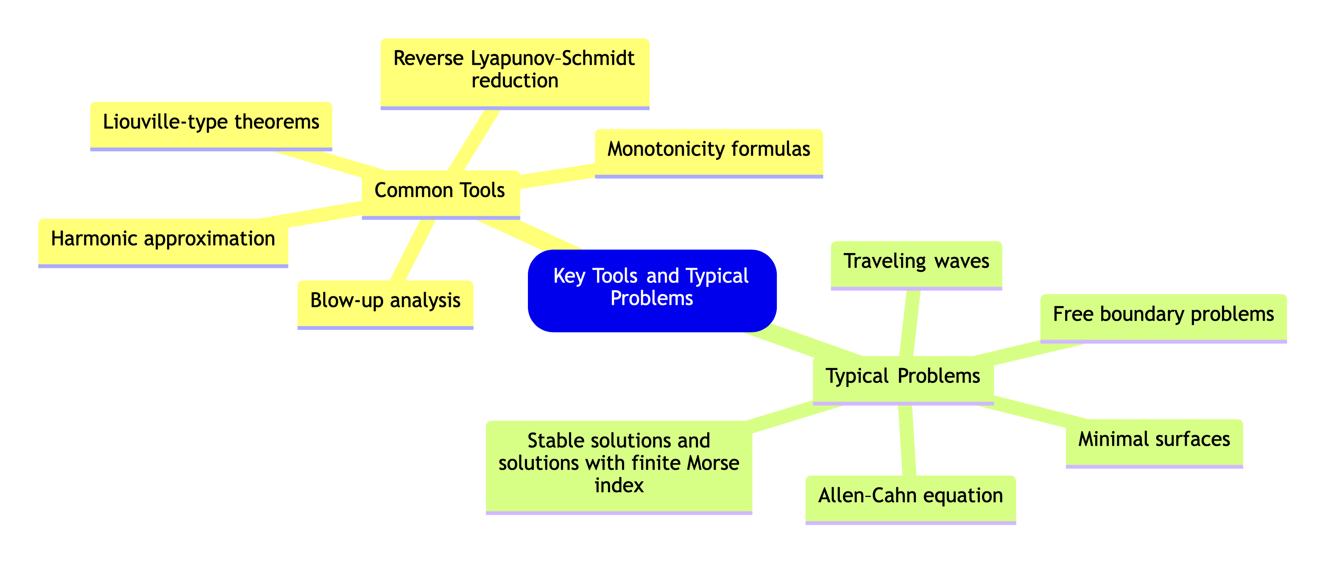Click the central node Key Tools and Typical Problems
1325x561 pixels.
(652, 290)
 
